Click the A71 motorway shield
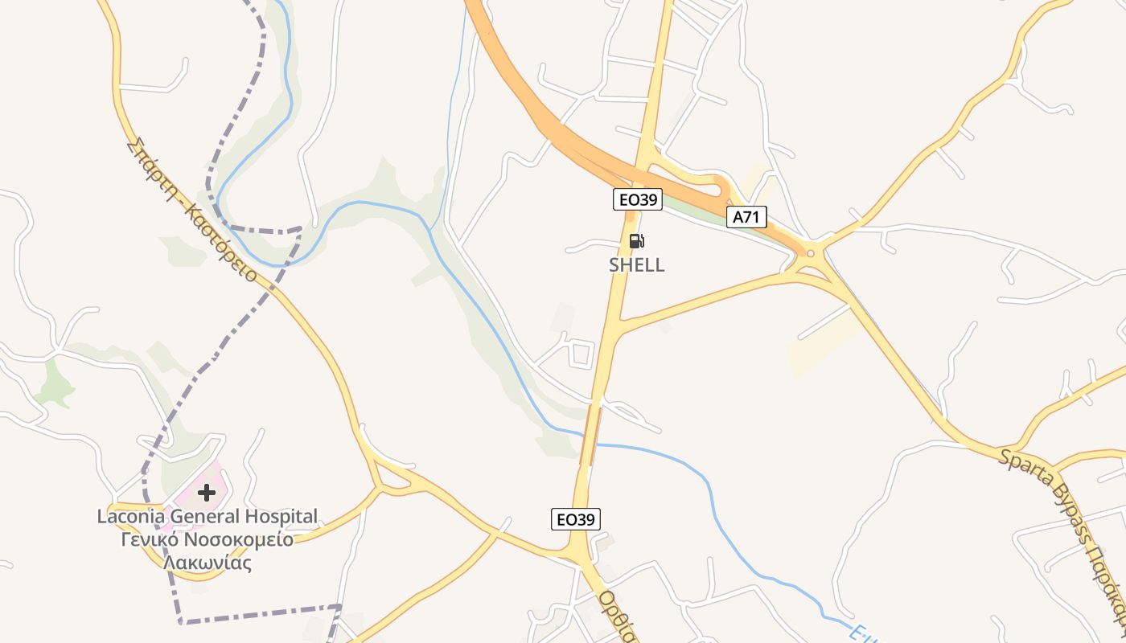coord(747,216)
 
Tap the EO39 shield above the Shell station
coord(638,200)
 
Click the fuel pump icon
coord(636,240)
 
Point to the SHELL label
coord(637,265)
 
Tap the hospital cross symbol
coord(207,492)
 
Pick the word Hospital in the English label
coord(278,516)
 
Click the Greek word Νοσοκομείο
coord(240,539)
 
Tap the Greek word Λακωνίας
coord(208,563)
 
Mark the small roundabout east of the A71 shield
coord(810,253)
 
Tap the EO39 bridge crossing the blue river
coord(591,435)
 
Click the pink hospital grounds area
coord(193,490)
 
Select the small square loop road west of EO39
coord(581,354)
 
